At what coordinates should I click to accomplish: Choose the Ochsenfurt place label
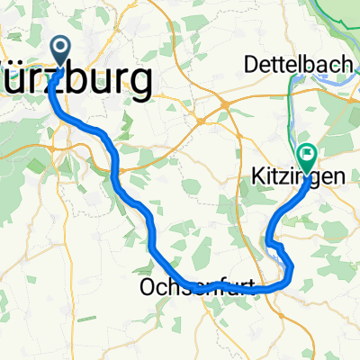196,287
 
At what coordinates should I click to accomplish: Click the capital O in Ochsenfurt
148,287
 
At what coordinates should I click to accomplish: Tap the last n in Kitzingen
337,181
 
